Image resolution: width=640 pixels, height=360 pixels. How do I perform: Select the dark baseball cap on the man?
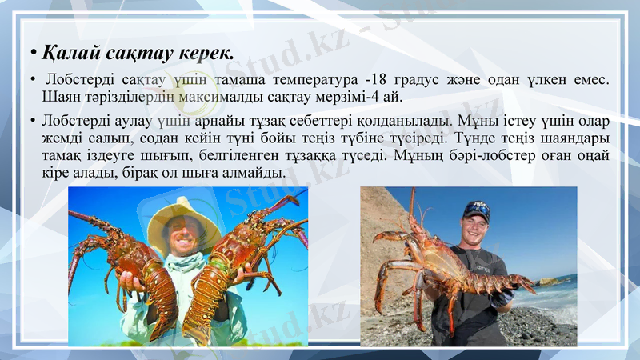tap(477, 209)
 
